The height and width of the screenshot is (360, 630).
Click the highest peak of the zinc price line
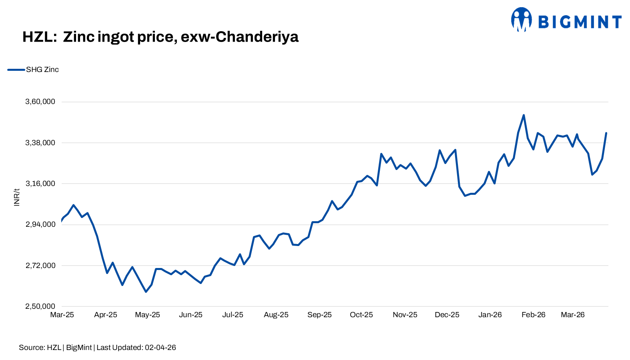(x=524, y=115)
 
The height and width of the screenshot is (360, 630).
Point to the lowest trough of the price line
(x=146, y=292)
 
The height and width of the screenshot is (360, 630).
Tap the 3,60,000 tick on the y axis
(x=40, y=102)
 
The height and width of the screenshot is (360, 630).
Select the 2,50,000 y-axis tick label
(x=40, y=306)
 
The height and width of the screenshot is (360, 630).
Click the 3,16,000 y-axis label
(x=40, y=184)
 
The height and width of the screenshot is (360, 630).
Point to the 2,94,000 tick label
(x=40, y=224)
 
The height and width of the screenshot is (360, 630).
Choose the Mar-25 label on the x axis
(x=62, y=315)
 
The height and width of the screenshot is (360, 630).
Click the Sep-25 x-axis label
(x=319, y=315)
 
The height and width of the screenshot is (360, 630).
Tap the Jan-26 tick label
(x=490, y=315)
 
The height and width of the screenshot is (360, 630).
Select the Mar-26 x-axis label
(x=572, y=315)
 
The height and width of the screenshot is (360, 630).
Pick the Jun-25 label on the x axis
(x=191, y=315)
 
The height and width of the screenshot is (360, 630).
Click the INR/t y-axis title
(x=17, y=197)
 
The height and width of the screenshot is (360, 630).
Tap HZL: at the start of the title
(x=39, y=37)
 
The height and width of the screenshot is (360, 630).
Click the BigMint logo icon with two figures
(x=521, y=19)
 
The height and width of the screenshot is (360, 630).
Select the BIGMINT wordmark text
(x=580, y=22)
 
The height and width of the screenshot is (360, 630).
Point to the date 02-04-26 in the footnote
(x=160, y=348)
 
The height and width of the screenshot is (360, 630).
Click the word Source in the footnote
(x=31, y=348)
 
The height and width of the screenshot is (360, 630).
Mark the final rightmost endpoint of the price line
(x=606, y=133)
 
